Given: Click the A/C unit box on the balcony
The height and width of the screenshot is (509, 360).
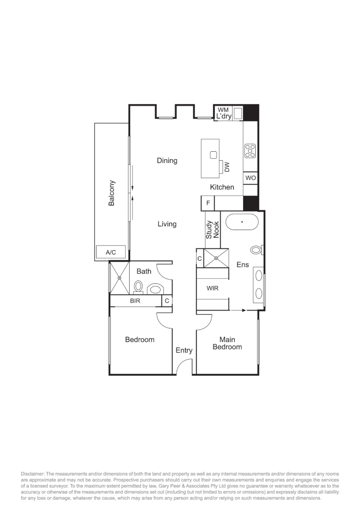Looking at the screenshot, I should (x=111, y=253).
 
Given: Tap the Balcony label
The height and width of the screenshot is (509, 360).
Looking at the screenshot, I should (x=112, y=193).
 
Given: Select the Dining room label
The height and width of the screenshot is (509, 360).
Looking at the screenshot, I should (x=167, y=161).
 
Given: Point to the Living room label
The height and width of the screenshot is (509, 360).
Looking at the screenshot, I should (x=167, y=224).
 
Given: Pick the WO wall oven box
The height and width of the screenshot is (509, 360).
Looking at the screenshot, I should (x=250, y=178).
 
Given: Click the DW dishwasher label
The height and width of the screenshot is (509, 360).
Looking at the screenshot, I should (x=227, y=167).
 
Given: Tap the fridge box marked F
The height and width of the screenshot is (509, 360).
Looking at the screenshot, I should (x=208, y=204).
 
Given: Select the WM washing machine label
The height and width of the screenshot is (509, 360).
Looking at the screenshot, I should (x=223, y=110).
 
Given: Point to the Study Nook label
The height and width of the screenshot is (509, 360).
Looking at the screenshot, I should (x=213, y=230).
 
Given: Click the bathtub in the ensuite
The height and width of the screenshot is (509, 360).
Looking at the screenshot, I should (x=242, y=222).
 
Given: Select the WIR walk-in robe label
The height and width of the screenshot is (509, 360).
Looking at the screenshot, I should (x=213, y=288).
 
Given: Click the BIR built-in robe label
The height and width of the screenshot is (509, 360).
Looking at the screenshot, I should (x=135, y=300).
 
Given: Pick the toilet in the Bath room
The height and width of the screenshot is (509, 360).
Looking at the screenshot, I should (x=139, y=286).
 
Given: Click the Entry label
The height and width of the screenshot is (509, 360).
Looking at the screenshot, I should (x=184, y=350).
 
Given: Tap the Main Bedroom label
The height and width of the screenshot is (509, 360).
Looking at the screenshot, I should (x=227, y=343).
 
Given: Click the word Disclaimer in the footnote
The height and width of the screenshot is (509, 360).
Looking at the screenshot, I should (x=33, y=473).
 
